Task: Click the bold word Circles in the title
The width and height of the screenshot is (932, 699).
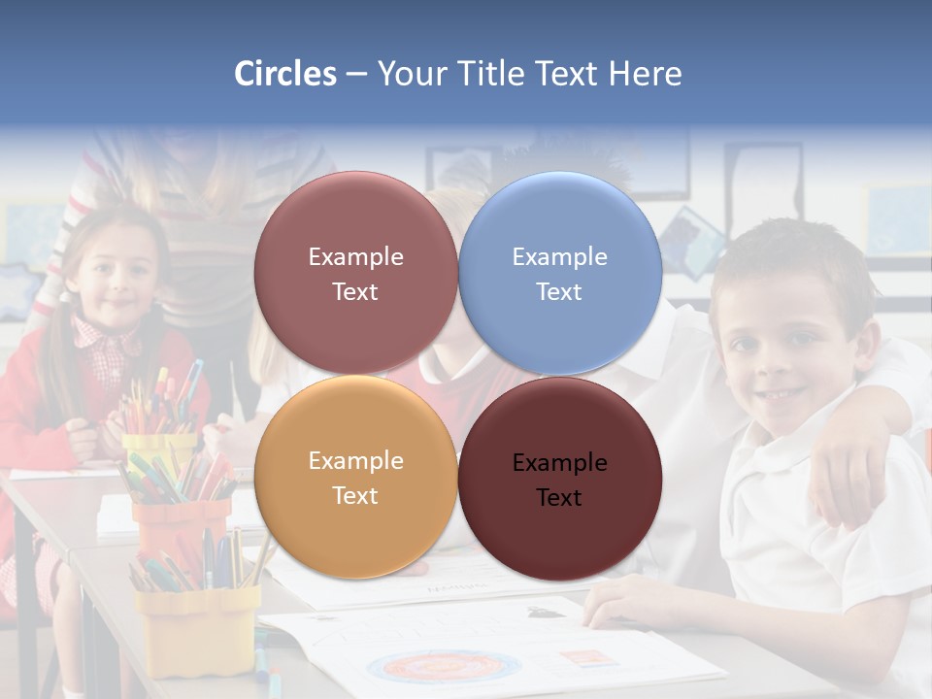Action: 285,74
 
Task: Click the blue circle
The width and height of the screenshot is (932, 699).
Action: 560,274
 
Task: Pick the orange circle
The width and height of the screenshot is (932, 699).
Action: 355,478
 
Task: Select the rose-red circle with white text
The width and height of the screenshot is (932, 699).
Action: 355,274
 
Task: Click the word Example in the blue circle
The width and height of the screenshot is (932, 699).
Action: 559,256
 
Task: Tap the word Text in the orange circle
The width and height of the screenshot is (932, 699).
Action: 354,495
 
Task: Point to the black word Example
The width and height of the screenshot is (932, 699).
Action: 559,462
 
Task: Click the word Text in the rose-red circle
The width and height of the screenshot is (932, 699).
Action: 354,291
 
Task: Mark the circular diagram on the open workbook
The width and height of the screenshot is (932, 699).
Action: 443,668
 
